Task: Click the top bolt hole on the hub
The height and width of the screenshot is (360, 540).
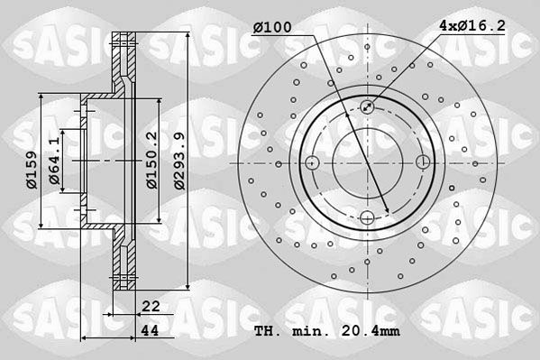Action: click(367, 108)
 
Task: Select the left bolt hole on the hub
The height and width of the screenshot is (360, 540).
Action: click(312, 163)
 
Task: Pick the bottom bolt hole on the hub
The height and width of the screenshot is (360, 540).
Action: click(367, 217)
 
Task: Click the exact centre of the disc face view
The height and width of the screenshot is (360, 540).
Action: click(367, 163)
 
